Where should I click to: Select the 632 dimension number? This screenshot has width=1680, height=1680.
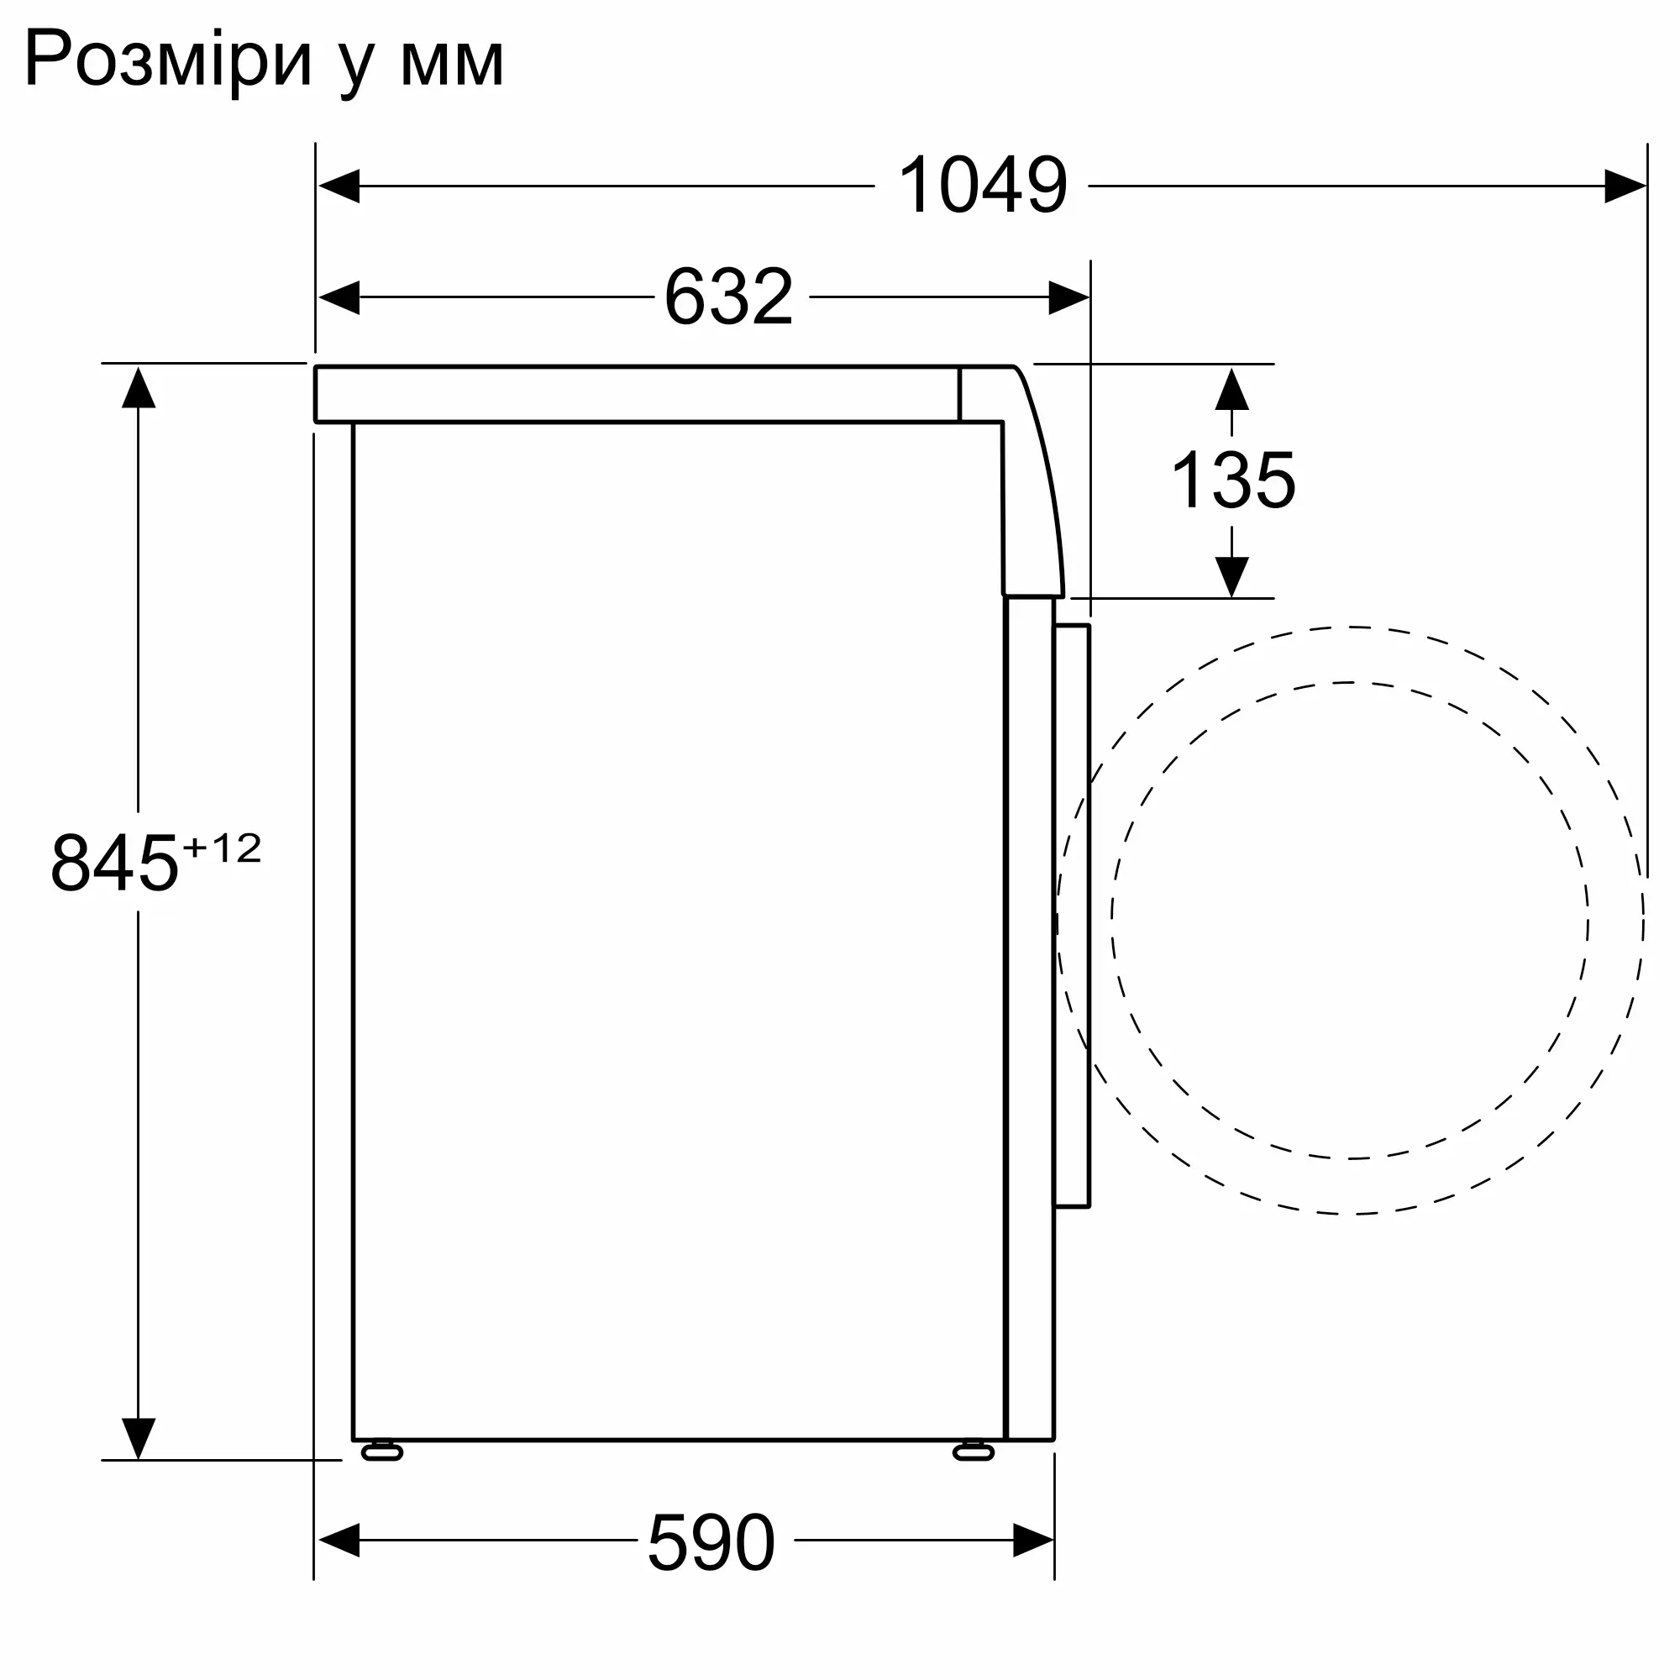(728, 297)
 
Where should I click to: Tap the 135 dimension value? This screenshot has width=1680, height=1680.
(1233, 480)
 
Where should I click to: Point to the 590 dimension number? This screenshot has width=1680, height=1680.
(711, 1541)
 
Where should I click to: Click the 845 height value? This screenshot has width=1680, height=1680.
(114, 864)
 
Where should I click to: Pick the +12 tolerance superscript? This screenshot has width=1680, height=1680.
(222, 848)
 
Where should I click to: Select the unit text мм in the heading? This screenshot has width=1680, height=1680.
(451, 63)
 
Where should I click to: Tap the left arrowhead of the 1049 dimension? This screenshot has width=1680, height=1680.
(339, 186)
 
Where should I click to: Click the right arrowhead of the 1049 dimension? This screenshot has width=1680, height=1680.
(1625, 186)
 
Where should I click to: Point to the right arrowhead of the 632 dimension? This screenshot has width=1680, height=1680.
(1068, 297)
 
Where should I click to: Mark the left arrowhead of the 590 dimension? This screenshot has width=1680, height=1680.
(339, 1541)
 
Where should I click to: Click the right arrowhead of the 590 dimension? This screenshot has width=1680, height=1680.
(1033, 1541)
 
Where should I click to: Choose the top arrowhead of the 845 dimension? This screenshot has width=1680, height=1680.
(139, 388)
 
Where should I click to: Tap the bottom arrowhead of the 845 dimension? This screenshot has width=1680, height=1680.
(139, 1438)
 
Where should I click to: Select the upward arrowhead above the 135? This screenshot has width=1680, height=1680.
(1231, 390)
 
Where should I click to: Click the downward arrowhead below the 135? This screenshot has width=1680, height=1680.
(1231, 576)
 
